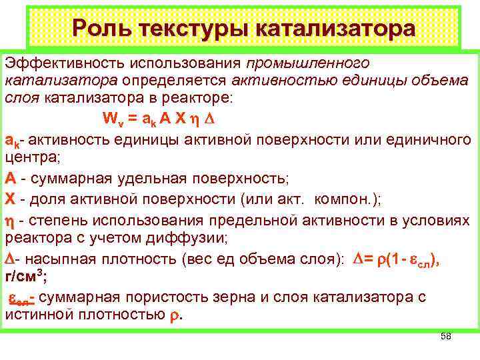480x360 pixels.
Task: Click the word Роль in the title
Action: pos(100,29)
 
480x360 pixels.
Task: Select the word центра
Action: pos(31,159)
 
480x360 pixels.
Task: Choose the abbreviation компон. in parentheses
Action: pos(345,199)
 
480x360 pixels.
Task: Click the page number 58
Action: pos(446,337)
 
